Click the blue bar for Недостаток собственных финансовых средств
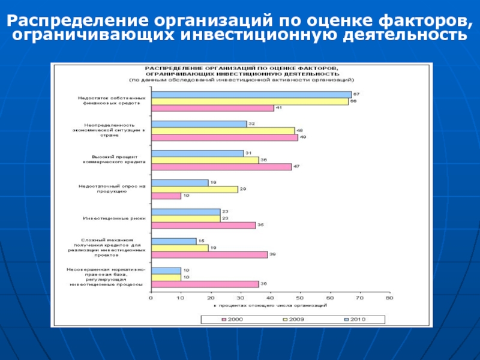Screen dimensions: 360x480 coord(251,95)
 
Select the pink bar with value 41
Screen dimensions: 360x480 coord(212,108)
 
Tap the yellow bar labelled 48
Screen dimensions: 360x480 coord(223,130)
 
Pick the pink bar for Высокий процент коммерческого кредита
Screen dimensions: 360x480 coord(221,167)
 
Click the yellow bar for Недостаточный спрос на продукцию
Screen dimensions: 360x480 coord(194,189)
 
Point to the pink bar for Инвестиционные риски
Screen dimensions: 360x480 coord(203,225)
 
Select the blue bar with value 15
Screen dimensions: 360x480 coord(173,241)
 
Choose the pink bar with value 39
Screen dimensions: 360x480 coord(209,254)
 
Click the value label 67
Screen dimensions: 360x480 coord(356,95)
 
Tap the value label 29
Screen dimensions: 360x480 coord(242,189)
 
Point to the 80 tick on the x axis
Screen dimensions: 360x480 coord(389,297)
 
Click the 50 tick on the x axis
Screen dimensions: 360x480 coord(299,297)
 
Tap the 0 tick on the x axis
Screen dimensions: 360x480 coord(151,297)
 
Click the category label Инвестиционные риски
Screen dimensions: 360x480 coord(113,218)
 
